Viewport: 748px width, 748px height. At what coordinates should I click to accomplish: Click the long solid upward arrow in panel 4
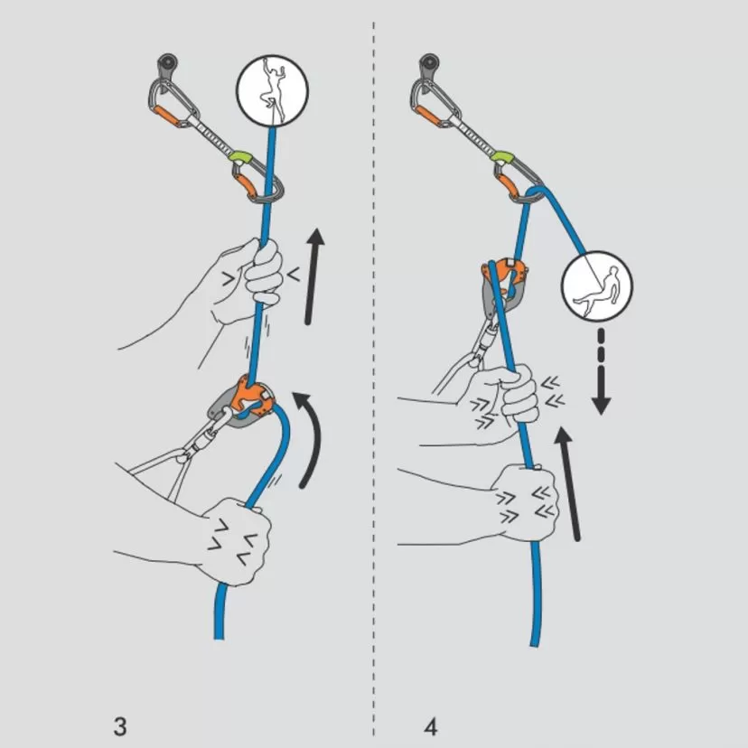(568, 484)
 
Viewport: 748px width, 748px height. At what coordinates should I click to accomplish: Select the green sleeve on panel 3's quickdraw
(240, 159)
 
